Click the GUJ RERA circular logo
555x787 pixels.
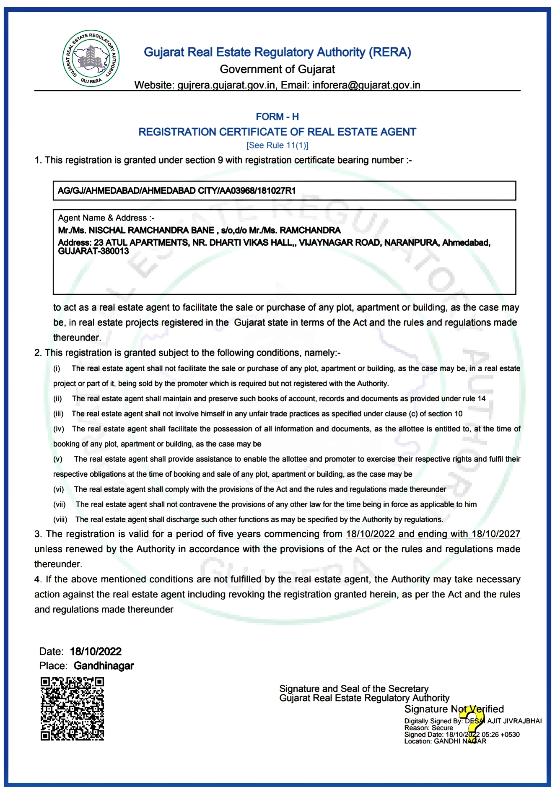[x=91, y=58]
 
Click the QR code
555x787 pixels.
[x=72, y=708]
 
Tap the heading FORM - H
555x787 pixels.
[x=277, y=117]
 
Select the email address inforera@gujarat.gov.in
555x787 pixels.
[x=366, y=85]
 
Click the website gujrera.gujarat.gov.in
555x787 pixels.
[x=226, y=85]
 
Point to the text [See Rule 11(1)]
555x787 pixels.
[x=277, y=145]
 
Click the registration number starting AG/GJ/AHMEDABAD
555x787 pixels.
[x=176, y=191]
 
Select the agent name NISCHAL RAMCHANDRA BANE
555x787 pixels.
[x=151, y=230]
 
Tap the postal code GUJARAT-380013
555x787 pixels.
[x=93, y=251]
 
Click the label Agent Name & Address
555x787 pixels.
[x=106, y=218]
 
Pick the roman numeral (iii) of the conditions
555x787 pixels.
[x=58, y=414]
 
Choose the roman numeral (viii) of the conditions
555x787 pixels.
[x=60, y=519]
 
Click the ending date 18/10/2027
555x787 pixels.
[x=496, y=534]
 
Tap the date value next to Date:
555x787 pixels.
[x=96, y=652]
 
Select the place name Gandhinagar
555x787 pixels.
[x=104, y=666]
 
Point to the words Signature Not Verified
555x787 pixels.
[x=454, y=709]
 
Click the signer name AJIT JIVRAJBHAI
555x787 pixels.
[x=514, y=721]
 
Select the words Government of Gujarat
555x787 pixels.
[x=277, y=69]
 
